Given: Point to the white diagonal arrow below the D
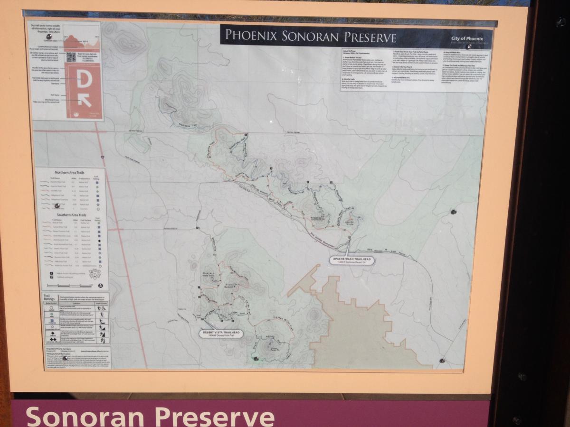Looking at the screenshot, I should pos(85,100).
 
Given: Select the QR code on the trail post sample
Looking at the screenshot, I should pos(71,56).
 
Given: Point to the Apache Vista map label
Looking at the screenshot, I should pos(350,222).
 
